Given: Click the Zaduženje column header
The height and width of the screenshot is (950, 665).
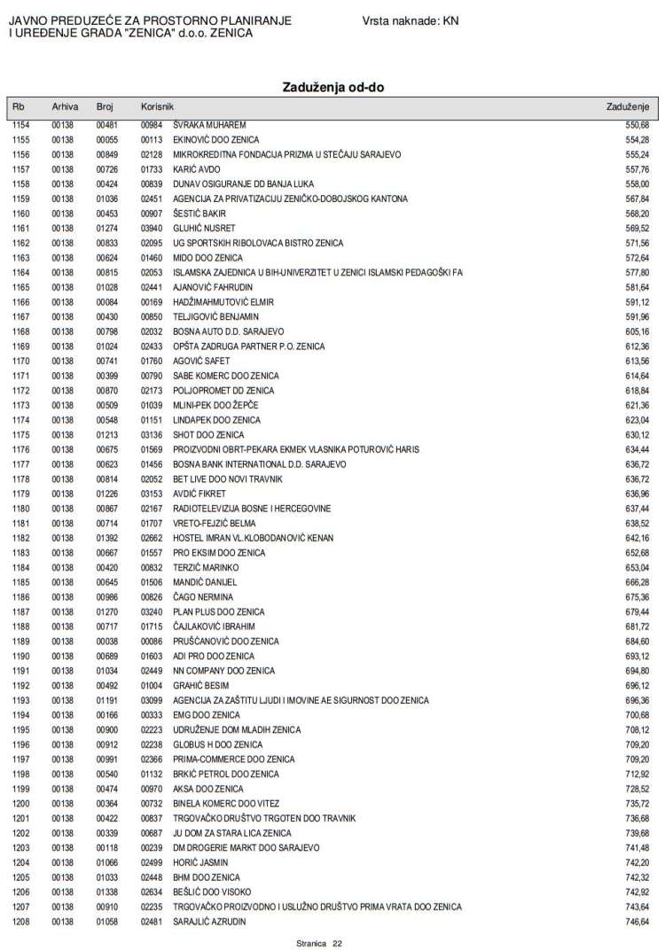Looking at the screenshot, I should [x=628, y=106].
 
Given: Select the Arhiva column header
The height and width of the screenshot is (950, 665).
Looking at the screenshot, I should [x=65, y=106].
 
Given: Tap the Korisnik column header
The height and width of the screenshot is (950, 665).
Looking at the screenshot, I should [x=156, y=106].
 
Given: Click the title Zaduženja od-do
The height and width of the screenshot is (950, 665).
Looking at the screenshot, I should [x=332, y=87].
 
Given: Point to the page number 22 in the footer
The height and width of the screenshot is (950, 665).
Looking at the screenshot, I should [x=337, y=943].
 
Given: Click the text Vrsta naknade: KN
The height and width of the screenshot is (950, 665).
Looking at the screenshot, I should [x=411, y=20].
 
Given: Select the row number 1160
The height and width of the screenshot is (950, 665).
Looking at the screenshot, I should [x=21, y=214].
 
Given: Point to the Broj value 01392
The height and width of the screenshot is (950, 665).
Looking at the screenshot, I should [x=106, y=538].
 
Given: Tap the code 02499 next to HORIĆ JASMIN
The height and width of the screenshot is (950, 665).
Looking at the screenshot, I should [x=152, y=862].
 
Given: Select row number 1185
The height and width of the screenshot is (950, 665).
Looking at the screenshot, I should [x=21, y=582].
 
